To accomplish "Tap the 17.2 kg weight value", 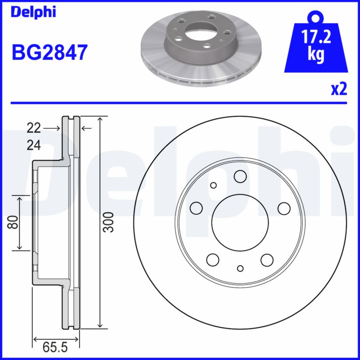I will point(317,45).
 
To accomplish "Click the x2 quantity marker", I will point(339,89).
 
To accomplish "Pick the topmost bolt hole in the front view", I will point(240,177).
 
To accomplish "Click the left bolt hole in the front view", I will point(196,207).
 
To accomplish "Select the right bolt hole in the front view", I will point(283,208).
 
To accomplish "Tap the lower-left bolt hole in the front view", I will point(212,259).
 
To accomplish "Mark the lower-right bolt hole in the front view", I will point(267,259).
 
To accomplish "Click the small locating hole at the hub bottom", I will point(240,269).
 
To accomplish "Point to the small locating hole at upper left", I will point(213,185).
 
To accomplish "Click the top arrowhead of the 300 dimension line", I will point(100,118).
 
